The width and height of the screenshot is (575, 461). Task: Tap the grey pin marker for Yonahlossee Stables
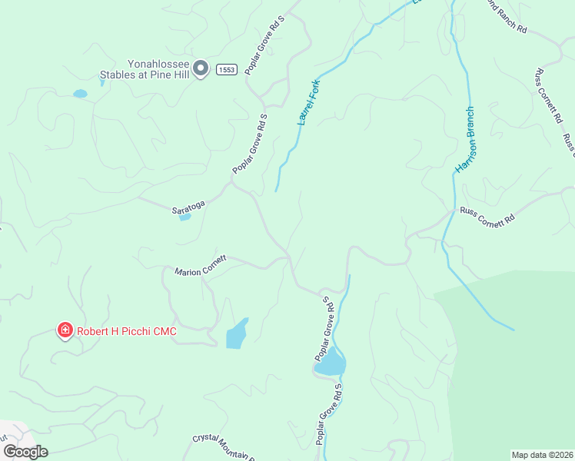pyautogui.click(x=200, y=68)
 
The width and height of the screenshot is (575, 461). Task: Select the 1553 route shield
pyautogui.click(x=225, y=69)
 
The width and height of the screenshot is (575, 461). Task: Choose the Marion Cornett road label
pyautogui.click(x=201, y=266)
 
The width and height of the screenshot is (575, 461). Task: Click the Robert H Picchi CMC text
pyautogui.click(x=126, y=331)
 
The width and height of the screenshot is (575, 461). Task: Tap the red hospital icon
pyautogui.click(x=65, y=331)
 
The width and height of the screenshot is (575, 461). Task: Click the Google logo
pyautogui.click(x=25, y=452)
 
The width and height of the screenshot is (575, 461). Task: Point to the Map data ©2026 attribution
pyautogui.click(x=542, y=455)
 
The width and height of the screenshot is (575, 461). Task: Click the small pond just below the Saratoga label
pyautogui.click(x=184, y=217)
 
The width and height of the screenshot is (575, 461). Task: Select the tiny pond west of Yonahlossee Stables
pyautogui.click(x=80, y=94)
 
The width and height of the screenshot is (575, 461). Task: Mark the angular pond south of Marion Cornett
pyautogui.click(x=238, y=334)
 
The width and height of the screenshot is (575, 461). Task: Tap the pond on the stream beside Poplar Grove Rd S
pyautogui.click(x=331, y=362)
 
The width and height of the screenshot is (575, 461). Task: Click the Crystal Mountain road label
pyautogui.click(x=223, y=447)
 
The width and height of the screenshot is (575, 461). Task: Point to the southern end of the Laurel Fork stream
pyautogui.click(x=276, y=189)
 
